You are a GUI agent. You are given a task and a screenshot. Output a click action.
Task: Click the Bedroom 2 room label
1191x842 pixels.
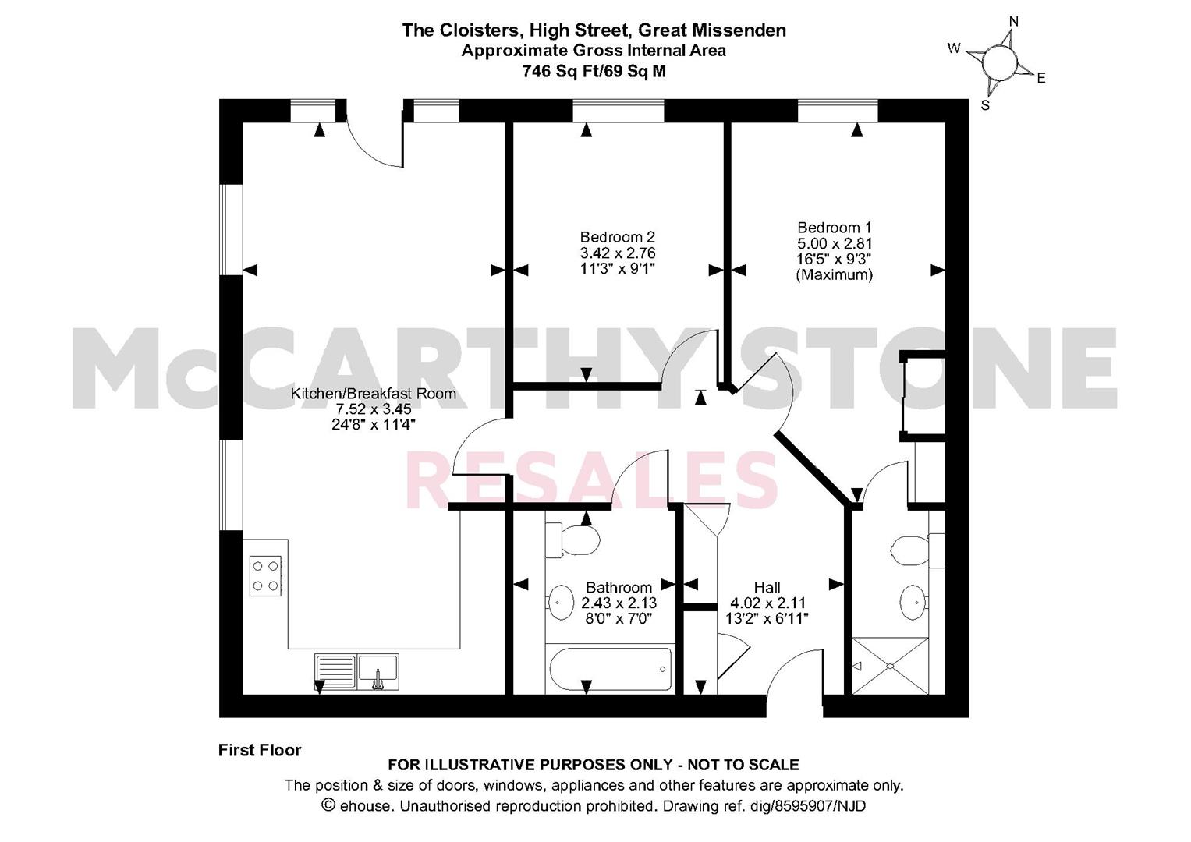(x=617, y=237)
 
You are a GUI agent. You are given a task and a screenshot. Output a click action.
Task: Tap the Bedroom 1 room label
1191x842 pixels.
(x=835, y=228)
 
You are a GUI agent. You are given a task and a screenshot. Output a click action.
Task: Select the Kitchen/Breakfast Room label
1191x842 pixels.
(x=374, y=394)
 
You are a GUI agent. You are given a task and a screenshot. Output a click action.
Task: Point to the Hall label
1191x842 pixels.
(x=767, y=587)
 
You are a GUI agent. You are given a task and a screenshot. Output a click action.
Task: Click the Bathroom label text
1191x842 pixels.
(x=619, y=587)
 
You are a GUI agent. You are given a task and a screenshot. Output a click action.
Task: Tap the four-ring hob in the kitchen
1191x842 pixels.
(x=265, y=575)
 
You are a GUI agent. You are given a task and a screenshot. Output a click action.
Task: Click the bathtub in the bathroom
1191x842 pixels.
(x=611, y=669)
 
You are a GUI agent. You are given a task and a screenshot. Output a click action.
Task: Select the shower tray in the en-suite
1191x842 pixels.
(x=891, y=666)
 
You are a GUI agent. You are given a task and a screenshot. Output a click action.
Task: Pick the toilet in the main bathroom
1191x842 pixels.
(x=572, y=540)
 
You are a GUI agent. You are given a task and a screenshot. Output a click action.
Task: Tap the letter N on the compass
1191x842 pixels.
(x=1014, y=22)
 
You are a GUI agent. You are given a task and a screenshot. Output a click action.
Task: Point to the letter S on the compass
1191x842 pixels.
(x=985, y=106)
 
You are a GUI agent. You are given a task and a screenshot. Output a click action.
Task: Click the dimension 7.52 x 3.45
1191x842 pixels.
(x=374, y=409)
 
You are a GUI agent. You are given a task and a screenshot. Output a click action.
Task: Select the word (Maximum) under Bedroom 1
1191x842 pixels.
(x=835, y=274)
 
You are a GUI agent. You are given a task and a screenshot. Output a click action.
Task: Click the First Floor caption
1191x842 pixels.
(x=260, y=750)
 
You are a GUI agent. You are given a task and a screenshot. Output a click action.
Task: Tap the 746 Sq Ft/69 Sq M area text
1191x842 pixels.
(x=594, y=71)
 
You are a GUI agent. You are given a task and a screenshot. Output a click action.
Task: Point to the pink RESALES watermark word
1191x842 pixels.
(x=592, y=480)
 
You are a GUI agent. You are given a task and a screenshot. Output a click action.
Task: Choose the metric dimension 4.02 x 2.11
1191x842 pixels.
(x=767, y=603)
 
